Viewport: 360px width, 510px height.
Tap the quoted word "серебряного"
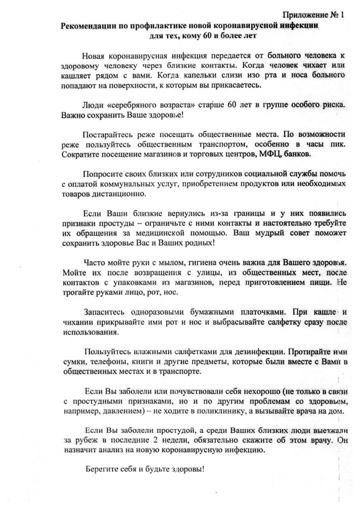142,106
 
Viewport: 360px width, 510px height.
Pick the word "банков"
300,154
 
